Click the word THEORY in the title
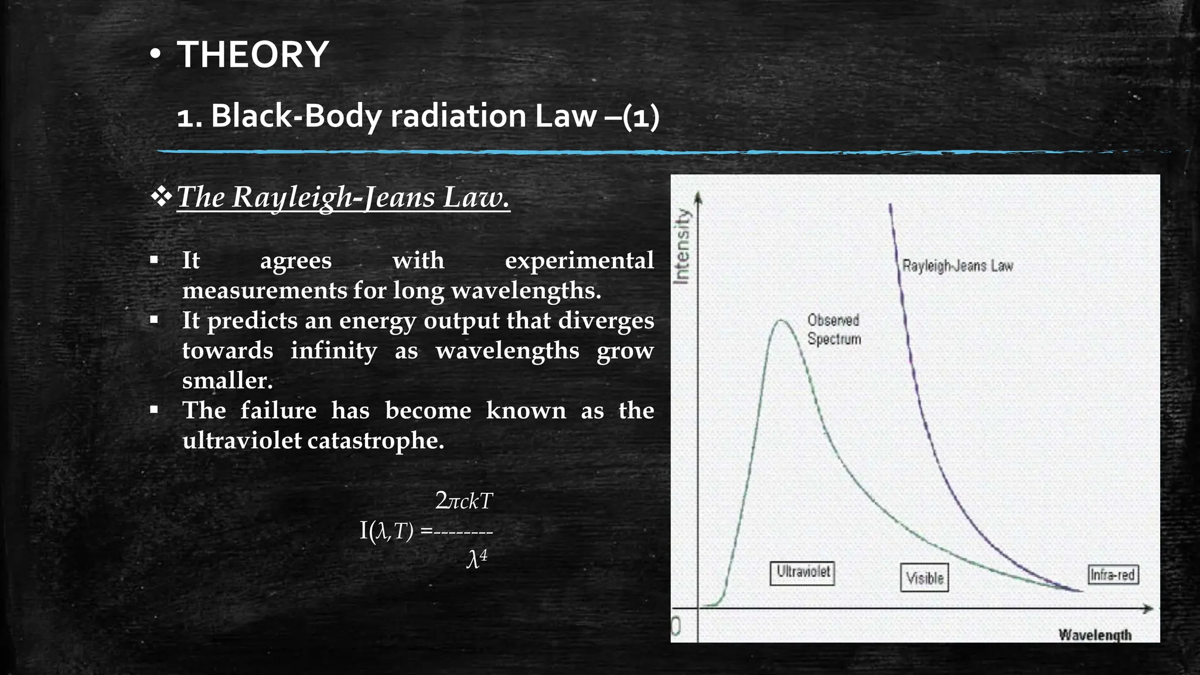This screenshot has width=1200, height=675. click(253, 54)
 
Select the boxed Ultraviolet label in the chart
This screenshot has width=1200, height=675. click(802, 572)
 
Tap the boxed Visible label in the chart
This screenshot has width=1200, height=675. click(925, 578)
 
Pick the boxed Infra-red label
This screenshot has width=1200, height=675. click(1113, 575)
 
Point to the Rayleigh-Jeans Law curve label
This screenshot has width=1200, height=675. click(957, 266)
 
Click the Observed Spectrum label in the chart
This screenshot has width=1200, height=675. click(834, 329)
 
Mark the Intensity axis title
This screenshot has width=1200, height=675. click(681, 246)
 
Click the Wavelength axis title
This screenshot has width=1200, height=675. click(1095, 635)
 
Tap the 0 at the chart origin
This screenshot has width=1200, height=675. click(676, 627)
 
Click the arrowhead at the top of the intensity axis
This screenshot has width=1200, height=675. click(697, 197)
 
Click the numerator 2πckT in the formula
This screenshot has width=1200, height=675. click(464, 501)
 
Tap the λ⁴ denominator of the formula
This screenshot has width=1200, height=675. click(477, 559)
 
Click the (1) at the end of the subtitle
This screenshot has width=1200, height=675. click(641, 116)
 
